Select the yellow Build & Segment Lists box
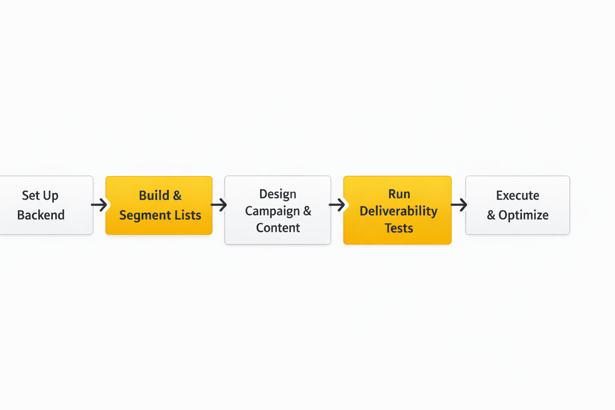coord(159,205)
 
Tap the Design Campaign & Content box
coord(277,210)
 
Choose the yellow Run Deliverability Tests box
coord(397,210)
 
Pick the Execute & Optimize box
coord(517,205)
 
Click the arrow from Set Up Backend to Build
coord(99,205)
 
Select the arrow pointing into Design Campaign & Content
coord(219,205)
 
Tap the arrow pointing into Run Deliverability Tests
coord(337,205)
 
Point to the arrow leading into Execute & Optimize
coord(459,205)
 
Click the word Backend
coord(41,215)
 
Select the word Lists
coord(188,215)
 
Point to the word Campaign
coord(272,211)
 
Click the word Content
coord(278,227)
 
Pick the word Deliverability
coord(398,211)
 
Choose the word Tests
coord(398,228)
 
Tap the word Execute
coord(517,195)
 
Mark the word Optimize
coord(523,215)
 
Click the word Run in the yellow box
coord(399,194)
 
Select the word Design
coord(277,194)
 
